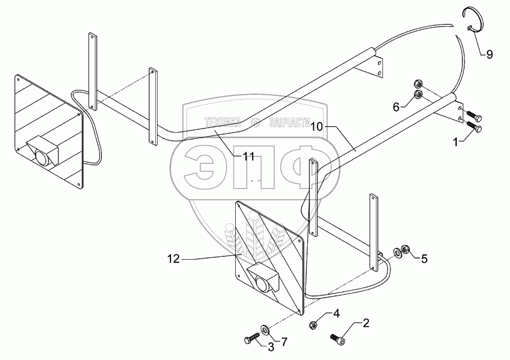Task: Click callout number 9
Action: click(489, 55)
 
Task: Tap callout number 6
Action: click(396, 105)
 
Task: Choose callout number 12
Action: click(173, 259)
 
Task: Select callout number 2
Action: click(366, 324)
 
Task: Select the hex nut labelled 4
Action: click(312, 325)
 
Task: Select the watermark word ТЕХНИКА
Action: click(223, 121)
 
